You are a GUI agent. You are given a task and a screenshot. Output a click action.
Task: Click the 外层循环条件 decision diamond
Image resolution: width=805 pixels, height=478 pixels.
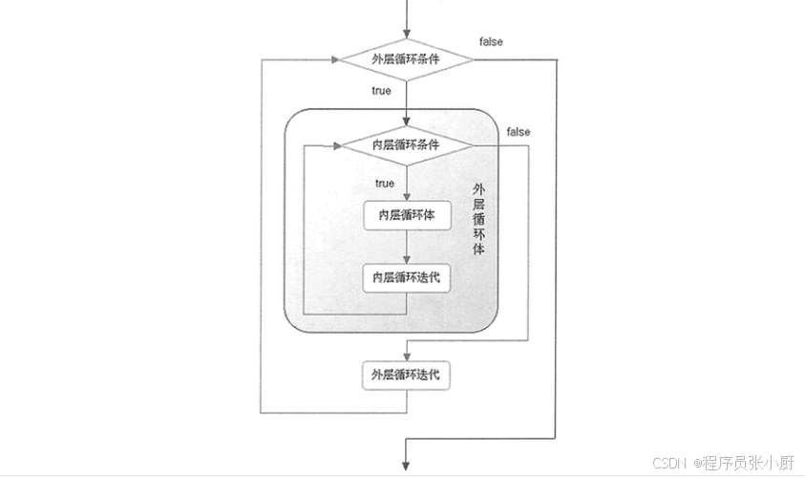click(407, 59)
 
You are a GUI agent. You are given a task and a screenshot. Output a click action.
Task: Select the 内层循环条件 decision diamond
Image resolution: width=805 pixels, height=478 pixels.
click(407, 145)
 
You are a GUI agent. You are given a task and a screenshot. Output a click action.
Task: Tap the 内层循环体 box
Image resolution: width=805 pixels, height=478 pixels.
click(407, 216)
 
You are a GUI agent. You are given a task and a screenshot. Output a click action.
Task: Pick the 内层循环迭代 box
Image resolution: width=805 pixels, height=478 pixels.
click(407, 277)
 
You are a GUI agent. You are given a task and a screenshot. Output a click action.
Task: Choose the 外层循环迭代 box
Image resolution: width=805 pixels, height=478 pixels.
click(407, 375)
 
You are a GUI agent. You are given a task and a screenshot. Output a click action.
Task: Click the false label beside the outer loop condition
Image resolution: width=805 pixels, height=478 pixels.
click(491, 42)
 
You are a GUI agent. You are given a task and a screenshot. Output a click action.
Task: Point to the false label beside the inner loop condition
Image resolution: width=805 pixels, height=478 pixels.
click(519, 131)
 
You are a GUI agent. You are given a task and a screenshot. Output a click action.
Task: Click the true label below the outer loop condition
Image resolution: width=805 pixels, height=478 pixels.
click(381, 91)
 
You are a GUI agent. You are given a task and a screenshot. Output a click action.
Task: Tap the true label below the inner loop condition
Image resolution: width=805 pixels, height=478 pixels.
click(385, 183)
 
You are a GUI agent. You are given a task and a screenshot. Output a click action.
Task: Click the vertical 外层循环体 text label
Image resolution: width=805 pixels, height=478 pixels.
click(479, 219)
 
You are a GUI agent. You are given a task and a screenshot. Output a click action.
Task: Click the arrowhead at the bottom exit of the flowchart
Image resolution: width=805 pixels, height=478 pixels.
click(407, 465)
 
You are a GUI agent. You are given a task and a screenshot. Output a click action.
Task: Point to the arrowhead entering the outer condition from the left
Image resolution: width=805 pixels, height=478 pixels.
click(335, 59)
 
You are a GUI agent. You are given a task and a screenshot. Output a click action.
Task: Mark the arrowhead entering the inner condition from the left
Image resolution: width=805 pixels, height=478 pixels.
click(337, 145)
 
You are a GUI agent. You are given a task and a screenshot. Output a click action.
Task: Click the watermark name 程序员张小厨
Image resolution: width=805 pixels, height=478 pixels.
click(749, 463)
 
